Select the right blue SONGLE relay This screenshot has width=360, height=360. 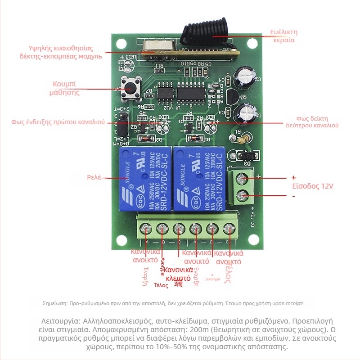(x=199, y=179)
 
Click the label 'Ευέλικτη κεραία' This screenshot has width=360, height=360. (x=284, y=36)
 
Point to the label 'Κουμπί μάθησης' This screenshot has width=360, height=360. (x=65, y=89)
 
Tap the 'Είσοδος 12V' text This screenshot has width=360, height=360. (x=312, y=187)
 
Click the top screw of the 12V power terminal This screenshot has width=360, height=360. (x=244, y=179)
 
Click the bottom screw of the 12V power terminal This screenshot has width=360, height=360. (x=243, y=196)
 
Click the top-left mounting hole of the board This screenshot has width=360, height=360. (x=121, y=43)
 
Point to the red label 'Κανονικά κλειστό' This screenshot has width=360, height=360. (x=178, y=274)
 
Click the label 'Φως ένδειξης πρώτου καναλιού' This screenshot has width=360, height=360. (x=58, y=122)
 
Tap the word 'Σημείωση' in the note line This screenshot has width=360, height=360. (x=54, y=304)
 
